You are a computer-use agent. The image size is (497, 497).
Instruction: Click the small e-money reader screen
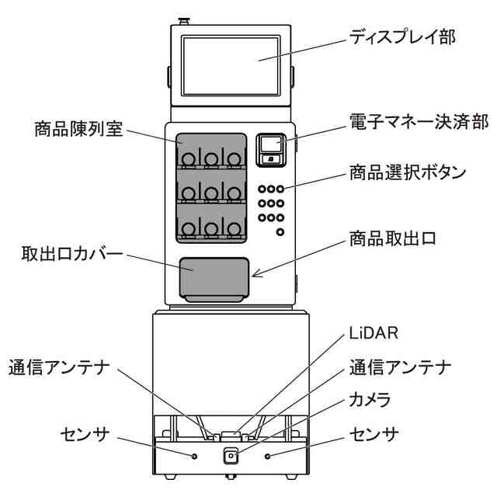point(269,144)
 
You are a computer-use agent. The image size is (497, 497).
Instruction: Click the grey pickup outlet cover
point(213,279)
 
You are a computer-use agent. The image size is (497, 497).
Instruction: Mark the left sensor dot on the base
point(194,454)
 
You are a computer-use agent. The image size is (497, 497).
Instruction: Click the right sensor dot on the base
point(268,455)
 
